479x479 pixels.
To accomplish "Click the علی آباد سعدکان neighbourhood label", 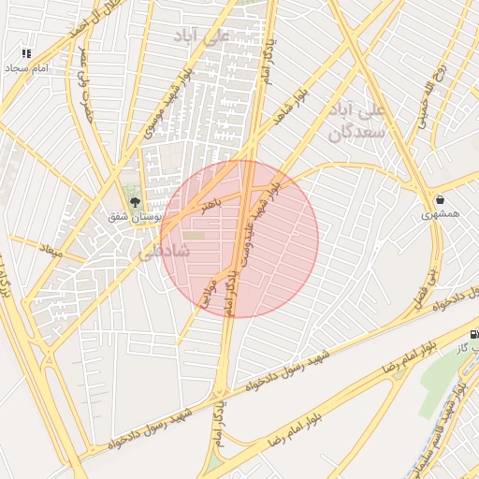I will coord(356,123).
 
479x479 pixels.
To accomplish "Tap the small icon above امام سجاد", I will coord(25,53).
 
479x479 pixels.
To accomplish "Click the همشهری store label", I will coord(441,214).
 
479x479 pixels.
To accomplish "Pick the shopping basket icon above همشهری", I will coord(440,198).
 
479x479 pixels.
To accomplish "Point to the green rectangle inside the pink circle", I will coord(194,235).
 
